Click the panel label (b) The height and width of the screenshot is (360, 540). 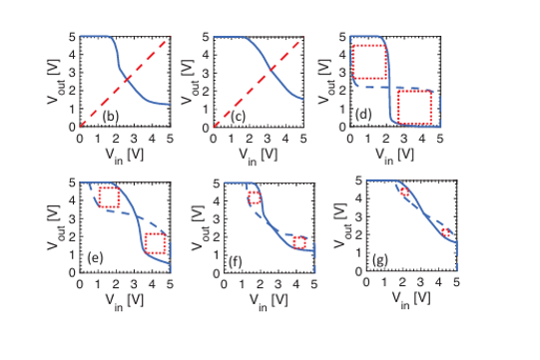pyautogui.click(x=111, y=117)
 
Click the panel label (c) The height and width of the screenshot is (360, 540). pyautogui.click(x=238, y=117)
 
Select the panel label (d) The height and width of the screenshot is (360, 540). pyautogui.click(x=363, y=114)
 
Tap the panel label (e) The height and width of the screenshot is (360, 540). pyautogui.click(x=95, y=257)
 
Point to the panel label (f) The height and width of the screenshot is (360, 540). pyautogui.click(x=235, y=262)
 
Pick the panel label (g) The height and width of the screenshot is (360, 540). pyautogui.click(x=380, y=260)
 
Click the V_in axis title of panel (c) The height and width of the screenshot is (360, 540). pyautogui.click(x=259, y=156)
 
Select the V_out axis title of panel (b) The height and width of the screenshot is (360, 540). pyautogui.click(x=54, y=82)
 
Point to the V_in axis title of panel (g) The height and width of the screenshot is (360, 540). pyautogui.click(x=411, y=299)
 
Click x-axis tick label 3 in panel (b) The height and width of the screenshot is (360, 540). pyautogui.click(x=134, y=139)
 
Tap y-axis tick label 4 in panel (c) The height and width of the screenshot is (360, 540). pyautogui.click(x=206, y=55)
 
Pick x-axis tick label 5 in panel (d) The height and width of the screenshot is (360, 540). pyautogui.click(x=440, y=139)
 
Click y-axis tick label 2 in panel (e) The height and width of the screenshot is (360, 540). pyautogui.click(x=72, y=236)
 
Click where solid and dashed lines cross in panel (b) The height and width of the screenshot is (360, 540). pyautogui.click(x=128, y=80)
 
